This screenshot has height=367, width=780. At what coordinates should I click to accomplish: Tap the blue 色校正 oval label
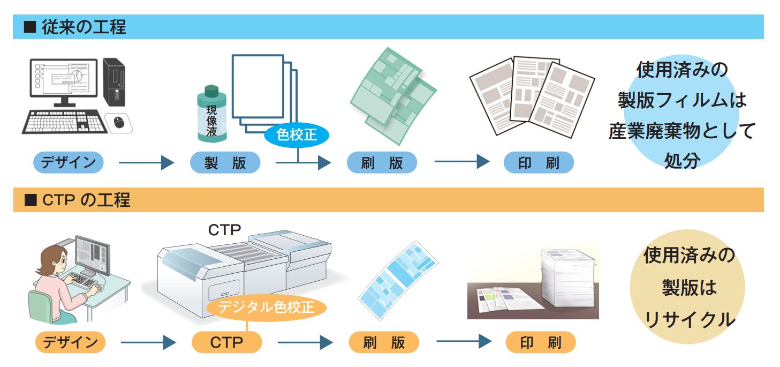pos(297,135)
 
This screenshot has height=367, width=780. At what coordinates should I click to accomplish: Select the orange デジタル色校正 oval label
pos(266,308)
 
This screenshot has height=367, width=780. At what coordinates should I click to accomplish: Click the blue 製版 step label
pos(225,163)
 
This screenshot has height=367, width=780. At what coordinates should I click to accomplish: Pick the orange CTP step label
pos(226,342)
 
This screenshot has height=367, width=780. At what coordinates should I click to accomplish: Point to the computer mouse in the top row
pos(119,122)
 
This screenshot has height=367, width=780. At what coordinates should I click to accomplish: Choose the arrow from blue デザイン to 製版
pos(146,163)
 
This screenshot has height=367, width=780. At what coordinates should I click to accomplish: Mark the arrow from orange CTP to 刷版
pos(305,342)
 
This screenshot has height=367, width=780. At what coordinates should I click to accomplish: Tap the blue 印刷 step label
pos(538,163)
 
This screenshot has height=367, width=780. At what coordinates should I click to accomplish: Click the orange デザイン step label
pos(70,342)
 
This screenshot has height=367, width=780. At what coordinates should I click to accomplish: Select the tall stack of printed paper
pos(567,282)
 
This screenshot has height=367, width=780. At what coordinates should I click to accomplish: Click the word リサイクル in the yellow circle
pos(690,319)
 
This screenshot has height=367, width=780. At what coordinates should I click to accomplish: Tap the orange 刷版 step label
pos(383,342)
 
